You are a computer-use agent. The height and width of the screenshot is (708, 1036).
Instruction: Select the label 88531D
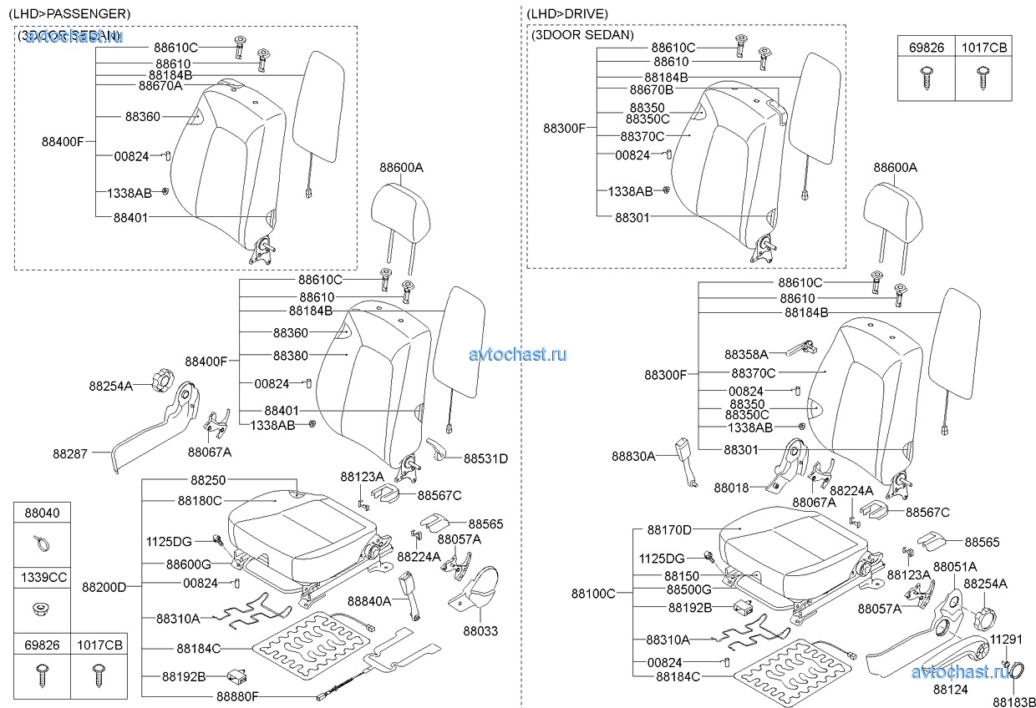tap(485, 458)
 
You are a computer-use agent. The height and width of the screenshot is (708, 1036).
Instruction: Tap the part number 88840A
tap(368, 600)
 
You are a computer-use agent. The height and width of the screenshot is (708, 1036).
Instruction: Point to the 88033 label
tap(480, 631)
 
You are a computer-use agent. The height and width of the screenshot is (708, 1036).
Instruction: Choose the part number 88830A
tap(632, 456)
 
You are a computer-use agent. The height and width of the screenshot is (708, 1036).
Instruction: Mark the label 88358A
tap(745, 355)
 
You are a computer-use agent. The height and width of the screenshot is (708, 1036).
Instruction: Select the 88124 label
tap(950, 690)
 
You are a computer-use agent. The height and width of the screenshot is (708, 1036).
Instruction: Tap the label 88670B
tap(651, 89)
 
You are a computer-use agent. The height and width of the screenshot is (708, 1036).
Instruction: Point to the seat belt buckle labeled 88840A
tap(410, 591)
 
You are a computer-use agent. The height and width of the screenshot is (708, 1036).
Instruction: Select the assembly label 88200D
tap(104, 587)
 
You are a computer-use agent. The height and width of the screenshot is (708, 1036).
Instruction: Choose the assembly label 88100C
tap(593, 594)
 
